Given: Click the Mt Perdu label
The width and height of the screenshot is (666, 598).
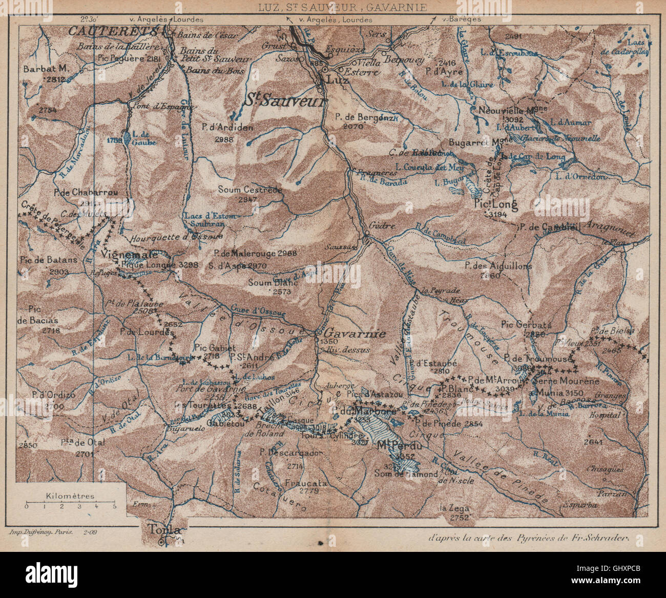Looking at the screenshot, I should tap(400, 446).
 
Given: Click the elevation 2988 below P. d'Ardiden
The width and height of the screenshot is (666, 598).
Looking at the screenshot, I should tap(224, 139).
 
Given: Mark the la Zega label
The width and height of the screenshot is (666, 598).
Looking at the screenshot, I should tap(450, 508).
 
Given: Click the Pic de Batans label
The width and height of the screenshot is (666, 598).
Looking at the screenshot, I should tap(49, 259).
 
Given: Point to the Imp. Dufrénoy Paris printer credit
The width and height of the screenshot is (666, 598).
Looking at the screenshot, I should tap(42, 532).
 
